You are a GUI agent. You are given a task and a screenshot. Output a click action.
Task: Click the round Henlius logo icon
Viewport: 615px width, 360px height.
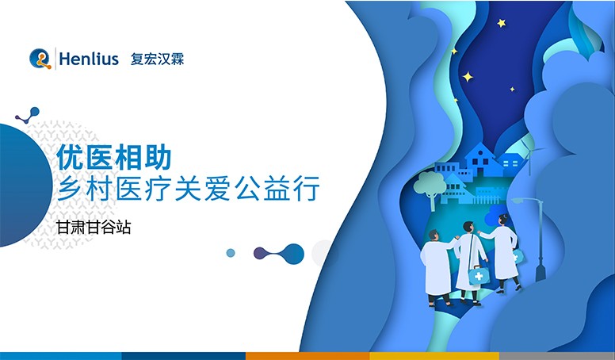click(x=40, y=59)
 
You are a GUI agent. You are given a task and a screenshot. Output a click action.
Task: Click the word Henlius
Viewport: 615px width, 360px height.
click(x=89, y=59)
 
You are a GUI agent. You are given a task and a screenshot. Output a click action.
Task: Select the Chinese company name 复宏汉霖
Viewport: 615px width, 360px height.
click(x=158, y=59)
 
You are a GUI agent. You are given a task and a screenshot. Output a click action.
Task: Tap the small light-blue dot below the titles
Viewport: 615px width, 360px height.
click(x=231, y=253)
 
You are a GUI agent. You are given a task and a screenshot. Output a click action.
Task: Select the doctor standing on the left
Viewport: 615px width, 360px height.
click(x=437, y=266)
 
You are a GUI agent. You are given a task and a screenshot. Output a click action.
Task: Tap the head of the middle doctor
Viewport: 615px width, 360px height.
click(x=468, y=227)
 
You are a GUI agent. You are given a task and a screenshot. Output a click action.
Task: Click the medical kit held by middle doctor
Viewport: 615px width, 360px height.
click(x=477, y=276)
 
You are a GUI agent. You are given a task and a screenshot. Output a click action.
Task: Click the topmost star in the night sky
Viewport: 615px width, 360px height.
click(x=501, y=24)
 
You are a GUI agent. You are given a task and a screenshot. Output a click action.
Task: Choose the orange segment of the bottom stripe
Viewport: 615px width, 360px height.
click(x=307, y=355)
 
